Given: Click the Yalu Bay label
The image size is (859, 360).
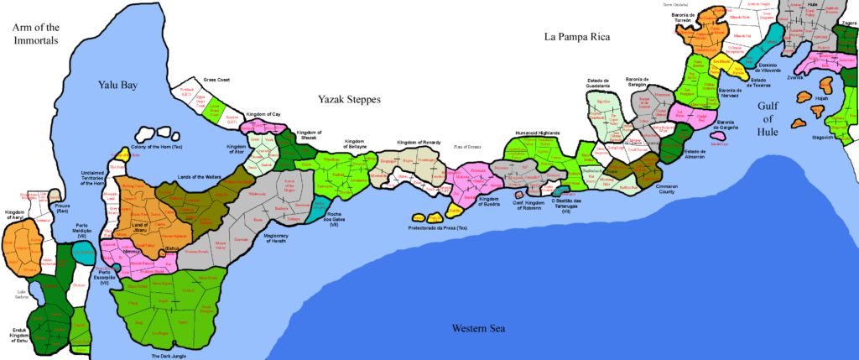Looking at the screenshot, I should coord(117,86).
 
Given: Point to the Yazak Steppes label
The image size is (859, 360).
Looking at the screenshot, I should coord(349,100).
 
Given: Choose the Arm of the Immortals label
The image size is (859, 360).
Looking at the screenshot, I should coord(34,34).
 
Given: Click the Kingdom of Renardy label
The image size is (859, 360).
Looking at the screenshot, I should coord(419,142).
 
